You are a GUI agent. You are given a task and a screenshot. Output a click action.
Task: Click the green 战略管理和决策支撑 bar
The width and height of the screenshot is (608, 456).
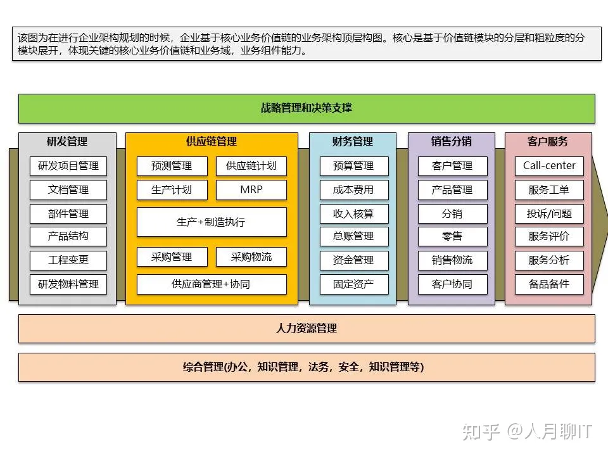click(307, 108)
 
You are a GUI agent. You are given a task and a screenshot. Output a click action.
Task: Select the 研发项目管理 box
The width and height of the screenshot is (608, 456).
click(68, 166)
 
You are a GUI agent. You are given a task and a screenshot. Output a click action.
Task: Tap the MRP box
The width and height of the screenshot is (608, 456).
click(251, 189)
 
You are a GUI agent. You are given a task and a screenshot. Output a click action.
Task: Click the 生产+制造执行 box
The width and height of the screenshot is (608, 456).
click(212, 222)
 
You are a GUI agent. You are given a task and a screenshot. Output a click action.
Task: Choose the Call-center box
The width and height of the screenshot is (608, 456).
click(549, 166)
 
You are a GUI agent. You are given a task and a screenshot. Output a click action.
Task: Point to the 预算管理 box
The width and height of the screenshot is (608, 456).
click(353, 166)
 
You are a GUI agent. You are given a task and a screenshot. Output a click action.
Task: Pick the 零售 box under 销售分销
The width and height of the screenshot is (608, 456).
click(452, 236)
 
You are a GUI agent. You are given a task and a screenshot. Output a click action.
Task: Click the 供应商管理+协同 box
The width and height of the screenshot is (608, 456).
click(212, 284)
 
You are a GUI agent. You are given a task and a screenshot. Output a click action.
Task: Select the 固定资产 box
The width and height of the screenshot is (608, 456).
click(353, 284)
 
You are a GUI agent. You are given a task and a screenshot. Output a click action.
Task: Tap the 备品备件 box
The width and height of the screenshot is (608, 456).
click(549, 284)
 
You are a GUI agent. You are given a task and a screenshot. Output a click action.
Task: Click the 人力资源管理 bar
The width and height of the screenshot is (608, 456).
click(307, 328)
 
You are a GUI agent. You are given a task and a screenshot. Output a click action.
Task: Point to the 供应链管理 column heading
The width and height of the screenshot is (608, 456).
click(212, 141)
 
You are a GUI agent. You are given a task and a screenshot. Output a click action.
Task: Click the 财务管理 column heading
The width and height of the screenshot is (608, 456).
click(353, 141)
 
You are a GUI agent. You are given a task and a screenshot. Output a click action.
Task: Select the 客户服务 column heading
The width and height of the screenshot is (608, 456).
click(548, 141)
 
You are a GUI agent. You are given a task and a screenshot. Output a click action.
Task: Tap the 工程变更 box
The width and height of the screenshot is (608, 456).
click(68, 260)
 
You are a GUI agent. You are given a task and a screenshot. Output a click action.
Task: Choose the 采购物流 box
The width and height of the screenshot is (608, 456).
click(251, 256)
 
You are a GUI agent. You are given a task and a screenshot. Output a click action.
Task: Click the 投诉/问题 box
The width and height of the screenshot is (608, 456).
click(549, 213)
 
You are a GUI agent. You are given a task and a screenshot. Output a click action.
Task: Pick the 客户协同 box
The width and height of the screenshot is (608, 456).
click(452, 284)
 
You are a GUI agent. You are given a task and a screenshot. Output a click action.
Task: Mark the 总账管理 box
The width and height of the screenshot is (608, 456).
click(353, 236)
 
